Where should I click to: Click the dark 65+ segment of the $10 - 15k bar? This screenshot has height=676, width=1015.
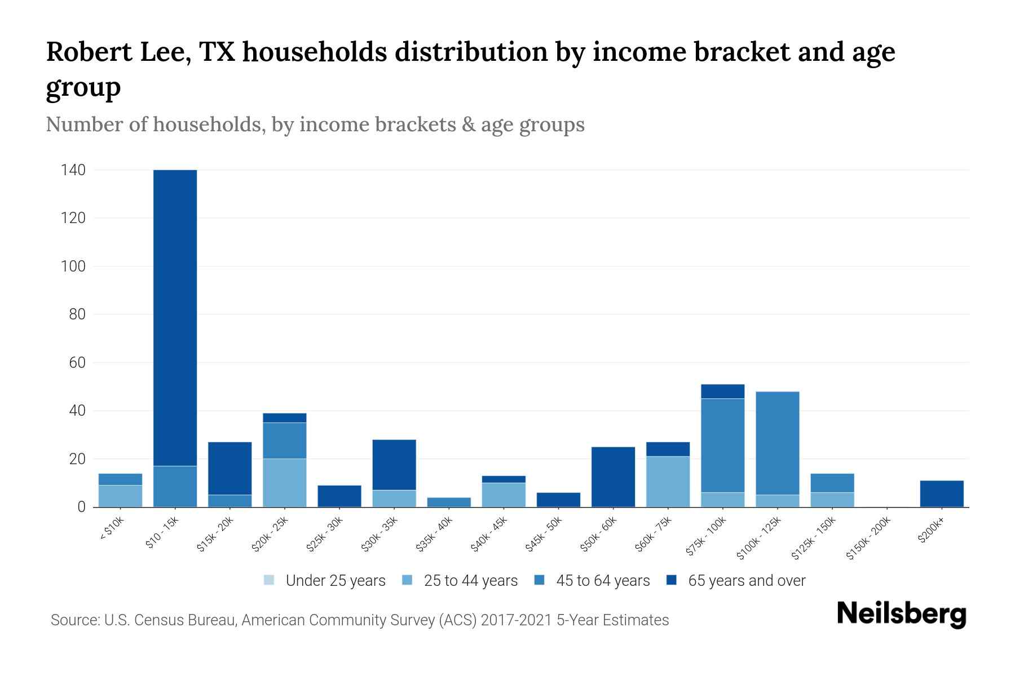[x=175, y=315]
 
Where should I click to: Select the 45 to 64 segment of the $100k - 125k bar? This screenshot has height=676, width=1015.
[x=778, y=442]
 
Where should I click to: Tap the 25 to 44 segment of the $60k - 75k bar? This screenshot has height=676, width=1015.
[x=668, y=482]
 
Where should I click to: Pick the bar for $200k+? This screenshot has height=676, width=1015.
[x=942, y=493]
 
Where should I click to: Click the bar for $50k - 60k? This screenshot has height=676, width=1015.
[x=613, y=477]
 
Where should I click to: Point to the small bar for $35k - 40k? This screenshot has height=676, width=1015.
[x=449, y=502]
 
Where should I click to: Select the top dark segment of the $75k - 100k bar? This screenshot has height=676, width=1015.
[x=722, y=391]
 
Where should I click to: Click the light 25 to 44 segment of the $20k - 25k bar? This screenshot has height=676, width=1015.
[x=285, y=483]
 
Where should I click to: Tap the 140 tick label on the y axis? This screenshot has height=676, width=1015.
[x=73, y=170]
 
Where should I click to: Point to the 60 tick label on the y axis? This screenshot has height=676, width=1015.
[x=77, y=363]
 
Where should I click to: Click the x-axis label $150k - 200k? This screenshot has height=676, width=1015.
[x=868, y=538]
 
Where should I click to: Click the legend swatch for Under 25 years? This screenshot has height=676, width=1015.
[x=269, y=580]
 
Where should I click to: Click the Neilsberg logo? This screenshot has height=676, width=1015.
[x=901, y=614]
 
